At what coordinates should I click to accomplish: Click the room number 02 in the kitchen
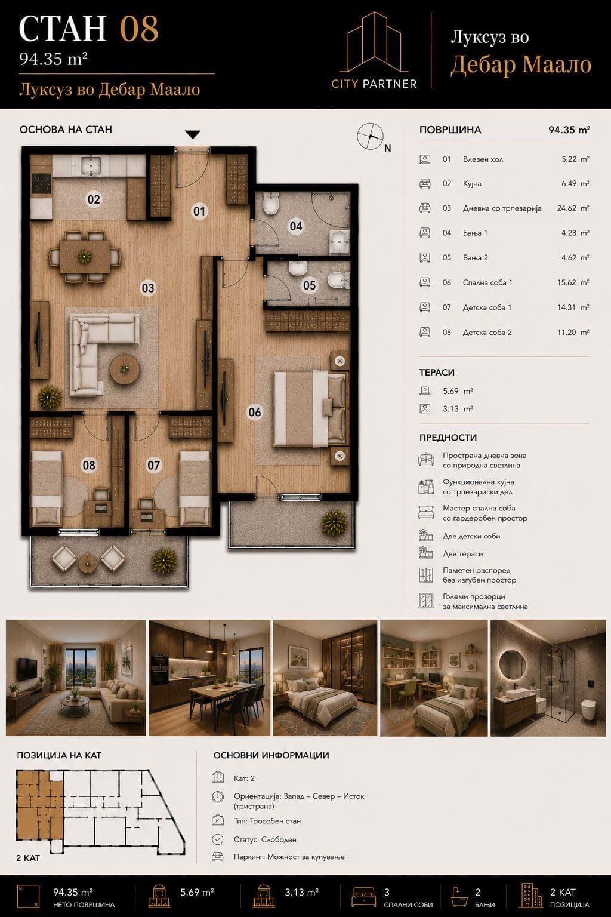pyautogui.click(x=94, y=199)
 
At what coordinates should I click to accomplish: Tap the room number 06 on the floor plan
pyautogui.click(x=255, y=412)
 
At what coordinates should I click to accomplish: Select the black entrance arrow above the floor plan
pyautogui.click(x=192, y=135)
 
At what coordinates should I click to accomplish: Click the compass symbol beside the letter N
pyautogui.click(x=371, y=136)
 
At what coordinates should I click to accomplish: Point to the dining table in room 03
pyautogui.click(x=85, y=257)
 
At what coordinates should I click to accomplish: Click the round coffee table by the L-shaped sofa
pyautogui.click(x=125, y=370)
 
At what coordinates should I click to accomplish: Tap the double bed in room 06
pyautogui.click(x=310, y=408)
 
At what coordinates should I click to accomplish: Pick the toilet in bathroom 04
pyautogui.click(x=271, y=204)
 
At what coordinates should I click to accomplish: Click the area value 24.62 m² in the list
pyautogui.click(x=573, y=208)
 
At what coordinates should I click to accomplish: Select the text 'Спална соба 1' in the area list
pyautogui.click(x=487, y=282)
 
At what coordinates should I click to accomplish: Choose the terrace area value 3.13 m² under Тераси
pyautogui.click(x=458, y=408)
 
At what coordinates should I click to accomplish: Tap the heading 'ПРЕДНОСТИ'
pyautogui.click(x=448, y=438)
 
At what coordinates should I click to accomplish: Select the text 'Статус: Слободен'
pyautogui.click(x=265, y=839)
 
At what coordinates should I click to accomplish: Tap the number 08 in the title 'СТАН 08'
pyautogui.click(x=139, y=29)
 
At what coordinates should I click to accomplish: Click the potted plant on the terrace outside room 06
pyautogui.click(x=334, y=522)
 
